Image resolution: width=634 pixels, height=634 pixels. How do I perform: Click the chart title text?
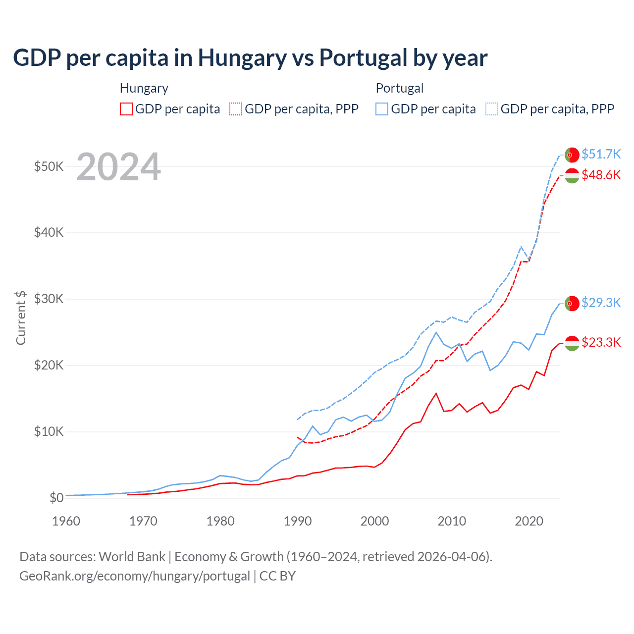point(250,57)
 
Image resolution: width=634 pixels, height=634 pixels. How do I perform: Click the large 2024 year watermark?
point(119,167)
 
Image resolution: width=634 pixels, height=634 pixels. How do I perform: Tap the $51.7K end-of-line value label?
point(601,154)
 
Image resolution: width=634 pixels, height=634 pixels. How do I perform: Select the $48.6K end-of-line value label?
point(601,175)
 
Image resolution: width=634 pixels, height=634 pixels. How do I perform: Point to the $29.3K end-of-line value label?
point(601,303)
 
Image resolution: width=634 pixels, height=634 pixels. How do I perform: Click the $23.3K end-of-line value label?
point(601,342)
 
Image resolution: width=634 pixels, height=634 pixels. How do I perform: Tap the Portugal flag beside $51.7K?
point(572,155)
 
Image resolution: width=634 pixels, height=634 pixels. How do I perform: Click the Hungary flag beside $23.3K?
point(572,343)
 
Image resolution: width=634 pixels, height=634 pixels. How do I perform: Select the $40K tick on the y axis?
point(49,232)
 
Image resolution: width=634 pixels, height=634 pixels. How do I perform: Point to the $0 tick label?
point(56,498)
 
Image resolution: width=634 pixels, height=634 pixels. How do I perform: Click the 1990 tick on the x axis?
point(298,521)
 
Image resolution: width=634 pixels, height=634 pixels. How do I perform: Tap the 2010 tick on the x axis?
point(452,521)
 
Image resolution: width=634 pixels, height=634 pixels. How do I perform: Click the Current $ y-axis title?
point(21,317)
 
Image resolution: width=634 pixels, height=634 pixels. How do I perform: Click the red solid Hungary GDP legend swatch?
point(126,109)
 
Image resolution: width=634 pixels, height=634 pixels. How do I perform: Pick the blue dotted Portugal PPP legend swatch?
point(492,109)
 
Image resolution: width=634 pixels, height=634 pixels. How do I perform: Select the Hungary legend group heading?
point(144,88)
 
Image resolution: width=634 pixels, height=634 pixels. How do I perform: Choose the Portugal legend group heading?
point(400,88)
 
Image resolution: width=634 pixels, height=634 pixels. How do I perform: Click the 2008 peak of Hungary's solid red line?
point(436,393)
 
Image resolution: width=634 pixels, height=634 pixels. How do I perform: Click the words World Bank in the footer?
point(132,557)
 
